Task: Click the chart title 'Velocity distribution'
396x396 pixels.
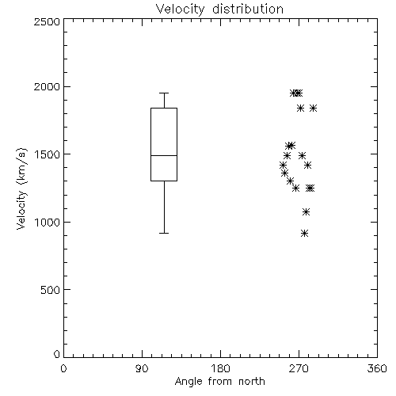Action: tap(219, 9)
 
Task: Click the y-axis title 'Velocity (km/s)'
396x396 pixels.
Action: tap(21, 188)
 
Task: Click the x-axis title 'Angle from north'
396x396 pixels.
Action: tap(219, 382)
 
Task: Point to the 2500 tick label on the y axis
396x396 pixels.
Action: tap(47, 21)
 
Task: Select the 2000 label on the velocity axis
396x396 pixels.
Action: tap(47, 86)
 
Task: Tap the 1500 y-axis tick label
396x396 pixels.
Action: tap(48, 154)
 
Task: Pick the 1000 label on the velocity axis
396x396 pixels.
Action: tap(48, 223)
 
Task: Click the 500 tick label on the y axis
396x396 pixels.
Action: tap(51, 290)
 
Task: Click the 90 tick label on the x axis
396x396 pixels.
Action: tap(142, 368)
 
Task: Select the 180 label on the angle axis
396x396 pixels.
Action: tap(220, 368)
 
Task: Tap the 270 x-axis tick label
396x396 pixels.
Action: tap(299, 368)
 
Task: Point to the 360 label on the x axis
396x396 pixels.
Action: tap(377, 368)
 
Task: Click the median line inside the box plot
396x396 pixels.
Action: tap(164, 155)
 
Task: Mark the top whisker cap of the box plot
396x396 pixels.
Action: tap(164, 93)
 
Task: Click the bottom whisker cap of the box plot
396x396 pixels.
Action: tap(164, 233)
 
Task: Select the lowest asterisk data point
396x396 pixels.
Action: tap(305, 233)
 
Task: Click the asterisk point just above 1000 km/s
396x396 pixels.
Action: tap(306, 211)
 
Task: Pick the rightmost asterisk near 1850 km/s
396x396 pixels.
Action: tap(313, 108)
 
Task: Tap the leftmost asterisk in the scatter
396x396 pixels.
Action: tap(283, 166)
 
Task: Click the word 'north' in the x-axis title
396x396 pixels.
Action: tap(252, 382)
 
